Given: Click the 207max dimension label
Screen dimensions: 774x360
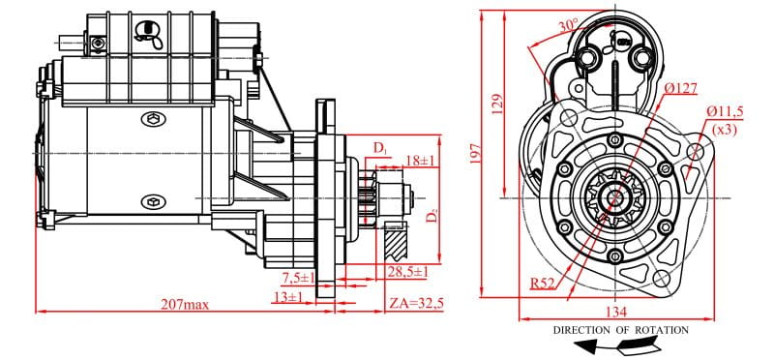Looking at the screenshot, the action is (185, 304).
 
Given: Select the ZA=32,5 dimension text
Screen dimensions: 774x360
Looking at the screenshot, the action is (416, 303).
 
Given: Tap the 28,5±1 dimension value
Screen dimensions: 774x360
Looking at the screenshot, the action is (407, 272).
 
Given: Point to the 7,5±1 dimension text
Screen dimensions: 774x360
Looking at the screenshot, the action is (298, 278).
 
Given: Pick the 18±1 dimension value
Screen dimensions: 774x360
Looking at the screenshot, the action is (420, 161).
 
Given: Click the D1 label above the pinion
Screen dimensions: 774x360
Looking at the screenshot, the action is (380, 148).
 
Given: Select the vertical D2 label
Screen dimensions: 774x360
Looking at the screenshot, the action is (432, 215).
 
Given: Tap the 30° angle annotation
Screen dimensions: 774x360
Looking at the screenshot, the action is (568, 26).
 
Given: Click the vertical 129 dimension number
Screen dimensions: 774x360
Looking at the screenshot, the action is (498, 105).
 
